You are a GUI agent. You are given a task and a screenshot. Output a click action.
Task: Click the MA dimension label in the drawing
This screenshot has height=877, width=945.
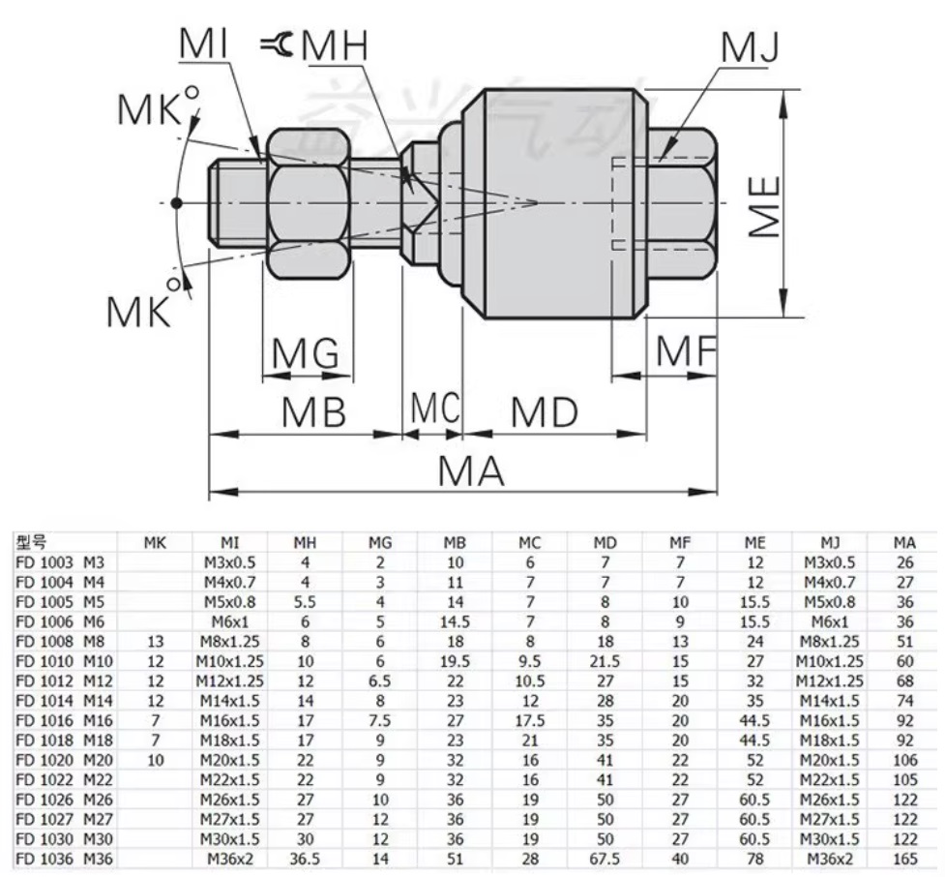472,471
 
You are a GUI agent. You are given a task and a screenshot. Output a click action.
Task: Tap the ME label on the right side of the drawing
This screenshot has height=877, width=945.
764,206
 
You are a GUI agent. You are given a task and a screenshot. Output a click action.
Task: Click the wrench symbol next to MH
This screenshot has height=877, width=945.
278,44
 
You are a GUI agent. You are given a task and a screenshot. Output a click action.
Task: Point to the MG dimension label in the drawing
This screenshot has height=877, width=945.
305,355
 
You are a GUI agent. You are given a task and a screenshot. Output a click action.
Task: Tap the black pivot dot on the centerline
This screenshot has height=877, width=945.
176,203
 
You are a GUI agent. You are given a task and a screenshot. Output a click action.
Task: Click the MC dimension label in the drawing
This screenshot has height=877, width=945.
432,408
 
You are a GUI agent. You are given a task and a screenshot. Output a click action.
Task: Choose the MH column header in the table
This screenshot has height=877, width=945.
307,544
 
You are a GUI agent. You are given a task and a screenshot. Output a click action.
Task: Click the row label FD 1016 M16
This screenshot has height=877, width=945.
60,721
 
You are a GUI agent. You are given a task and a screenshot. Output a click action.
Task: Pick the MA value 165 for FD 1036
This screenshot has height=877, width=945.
905,858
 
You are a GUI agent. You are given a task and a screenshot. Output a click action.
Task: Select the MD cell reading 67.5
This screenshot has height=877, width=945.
604,858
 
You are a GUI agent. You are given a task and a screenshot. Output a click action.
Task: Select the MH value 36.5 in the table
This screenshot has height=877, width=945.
306,858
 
